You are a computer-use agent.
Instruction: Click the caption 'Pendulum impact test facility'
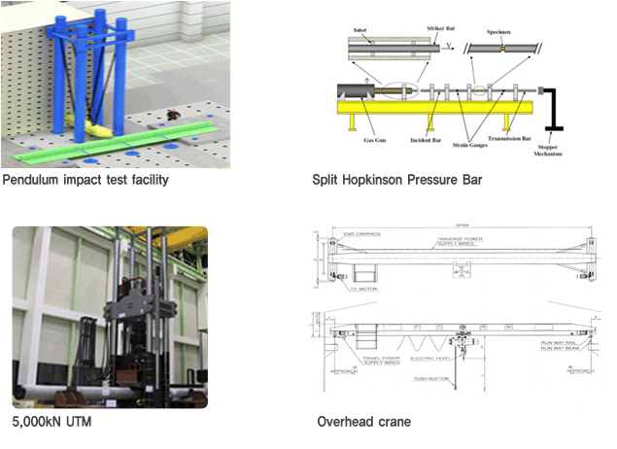pos(86,180)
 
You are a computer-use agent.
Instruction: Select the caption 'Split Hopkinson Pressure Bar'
pos(396,180)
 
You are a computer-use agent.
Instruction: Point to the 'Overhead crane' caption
pos(364,422)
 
